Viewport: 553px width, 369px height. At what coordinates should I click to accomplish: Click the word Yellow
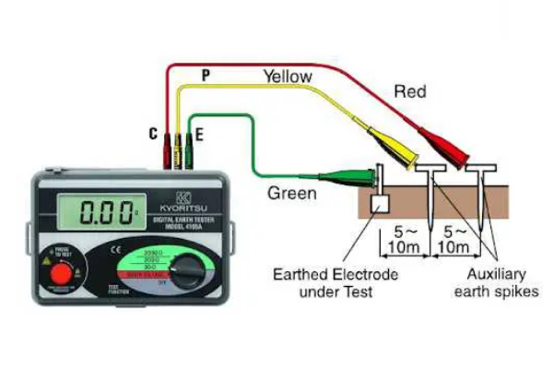288,77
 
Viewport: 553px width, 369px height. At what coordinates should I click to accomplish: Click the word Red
411,91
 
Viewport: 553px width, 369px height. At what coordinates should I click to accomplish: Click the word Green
292,194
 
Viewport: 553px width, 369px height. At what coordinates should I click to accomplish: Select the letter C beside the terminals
154,135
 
